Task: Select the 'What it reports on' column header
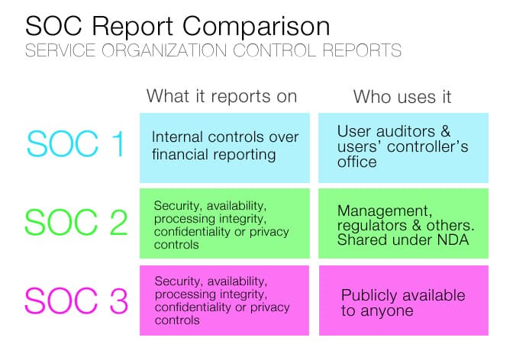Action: pos(221,97)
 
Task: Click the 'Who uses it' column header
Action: pos(402,97)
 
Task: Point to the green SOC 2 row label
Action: pos(76,222)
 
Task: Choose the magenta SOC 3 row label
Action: pos(76,300)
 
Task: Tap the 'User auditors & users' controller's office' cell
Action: pos(403,146)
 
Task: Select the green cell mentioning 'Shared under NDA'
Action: pos(403,223)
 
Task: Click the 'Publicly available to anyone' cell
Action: pos(403,303)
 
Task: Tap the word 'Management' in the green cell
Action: pos(381,209)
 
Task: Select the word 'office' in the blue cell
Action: pos(357,162)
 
